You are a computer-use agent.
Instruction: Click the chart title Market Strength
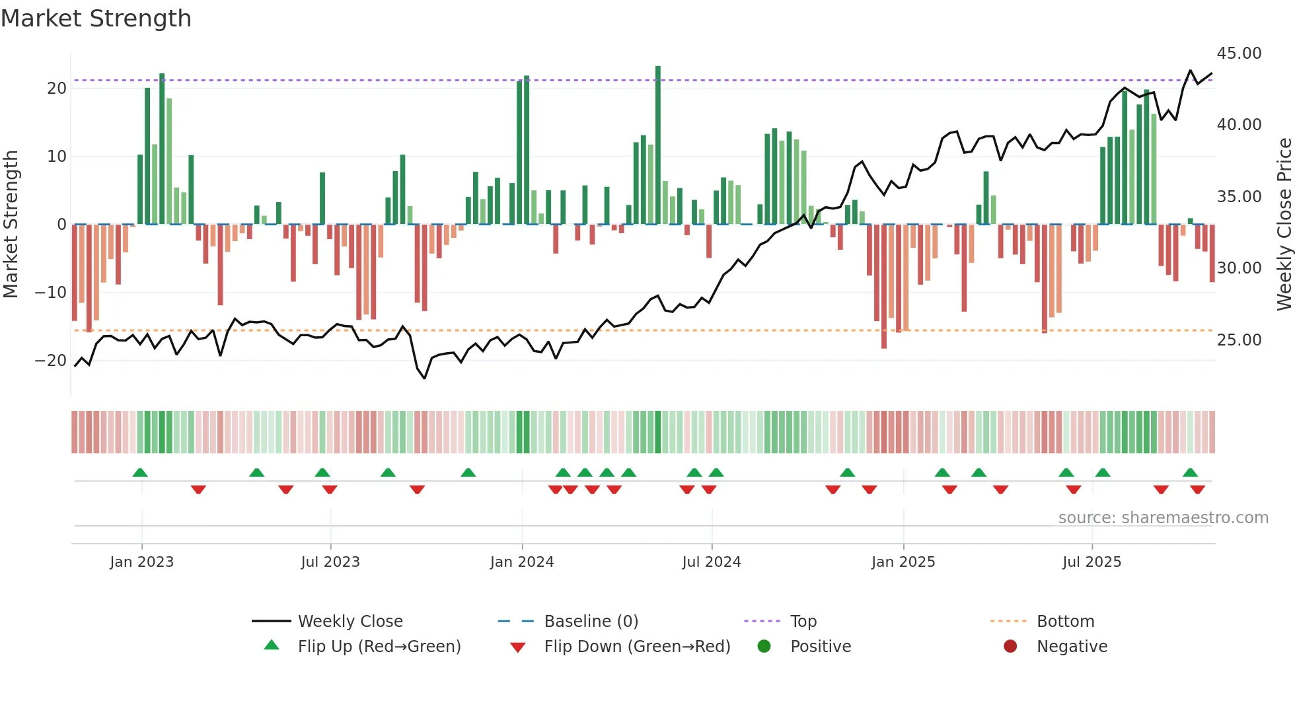click(x=96, y=18)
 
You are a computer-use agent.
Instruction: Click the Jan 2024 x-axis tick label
click(x=521, y=562)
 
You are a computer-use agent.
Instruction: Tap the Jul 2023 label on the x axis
click(x=330, y=562)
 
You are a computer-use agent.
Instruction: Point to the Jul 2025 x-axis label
click(x=1091, y=562)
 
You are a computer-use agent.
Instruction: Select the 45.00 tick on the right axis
click(x=1239, y=54)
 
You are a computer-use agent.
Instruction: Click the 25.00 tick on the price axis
click(x=1239, y=340)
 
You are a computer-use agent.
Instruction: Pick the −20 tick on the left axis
click(x=51, y=361)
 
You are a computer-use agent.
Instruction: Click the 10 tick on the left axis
click(x=57, y=157)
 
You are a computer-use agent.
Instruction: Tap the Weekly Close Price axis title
click(x=1284, y=225)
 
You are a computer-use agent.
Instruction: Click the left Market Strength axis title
click(x=11, y=225)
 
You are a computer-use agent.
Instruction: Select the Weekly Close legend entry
click(x=350, y=622)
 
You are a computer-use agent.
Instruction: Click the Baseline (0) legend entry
click(x=591, y=622)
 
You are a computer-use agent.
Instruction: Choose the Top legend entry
click(x=803, y=622)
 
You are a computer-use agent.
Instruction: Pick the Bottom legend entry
click(x=1065, y=622)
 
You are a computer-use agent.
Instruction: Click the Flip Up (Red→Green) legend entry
click(x=379, y=647)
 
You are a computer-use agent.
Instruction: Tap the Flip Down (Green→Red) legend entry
click(x=637, y=647)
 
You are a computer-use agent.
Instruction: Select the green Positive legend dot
click(x=764, y=647)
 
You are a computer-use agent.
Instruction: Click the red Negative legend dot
click(x=1010, y=647)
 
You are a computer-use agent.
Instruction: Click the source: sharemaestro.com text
click(x=1163, y=518)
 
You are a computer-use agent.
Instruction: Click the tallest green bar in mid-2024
click(x=658, y=145)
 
